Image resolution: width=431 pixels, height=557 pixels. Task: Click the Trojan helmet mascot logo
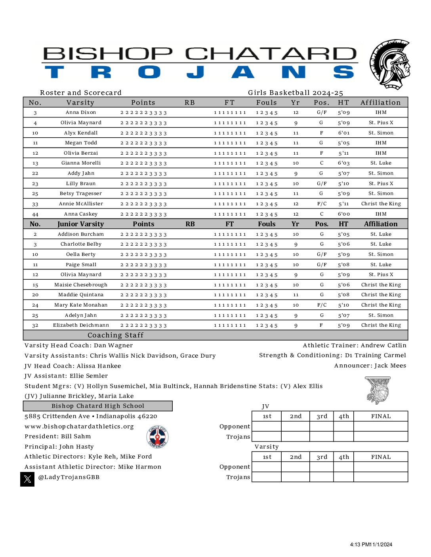(389, 64)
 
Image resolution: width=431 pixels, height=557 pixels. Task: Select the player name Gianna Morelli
(81, 163)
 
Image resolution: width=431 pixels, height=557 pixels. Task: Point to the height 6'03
(343, 163)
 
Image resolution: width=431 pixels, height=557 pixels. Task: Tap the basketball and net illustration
(378, 390)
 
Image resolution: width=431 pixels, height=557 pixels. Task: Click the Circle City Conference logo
(157, 437)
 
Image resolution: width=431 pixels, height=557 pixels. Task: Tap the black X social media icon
(27, 479)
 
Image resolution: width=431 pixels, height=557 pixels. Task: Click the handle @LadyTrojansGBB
(69, 477)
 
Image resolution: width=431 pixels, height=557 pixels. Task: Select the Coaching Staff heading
(115, 335)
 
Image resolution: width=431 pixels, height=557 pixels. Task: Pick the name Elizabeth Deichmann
(81, 325)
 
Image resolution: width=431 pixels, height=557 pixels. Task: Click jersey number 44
(35, 214)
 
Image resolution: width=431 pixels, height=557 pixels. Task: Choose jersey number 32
(35, 325)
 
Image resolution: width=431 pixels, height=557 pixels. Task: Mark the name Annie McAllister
(81, 204)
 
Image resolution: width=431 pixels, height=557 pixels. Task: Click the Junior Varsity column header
(80, 224)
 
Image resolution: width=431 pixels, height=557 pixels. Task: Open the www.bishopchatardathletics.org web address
(79, 426)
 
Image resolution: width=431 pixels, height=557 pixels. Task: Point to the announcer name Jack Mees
(390, 366)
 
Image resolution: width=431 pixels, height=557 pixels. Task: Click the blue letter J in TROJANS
(195, 72)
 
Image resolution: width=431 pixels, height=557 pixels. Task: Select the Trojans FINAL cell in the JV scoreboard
(380, 436)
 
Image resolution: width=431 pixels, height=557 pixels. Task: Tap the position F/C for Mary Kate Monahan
(322, 305)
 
